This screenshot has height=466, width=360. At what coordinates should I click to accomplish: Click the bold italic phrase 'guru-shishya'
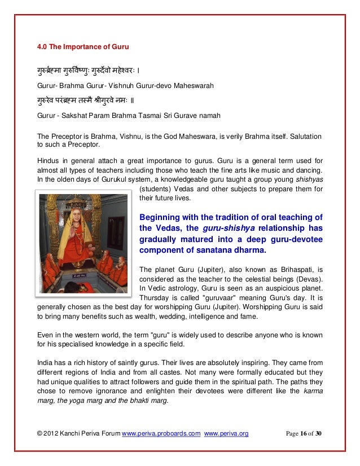pos(221,228)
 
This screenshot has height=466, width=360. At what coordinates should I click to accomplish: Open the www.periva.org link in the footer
pos(227,433)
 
